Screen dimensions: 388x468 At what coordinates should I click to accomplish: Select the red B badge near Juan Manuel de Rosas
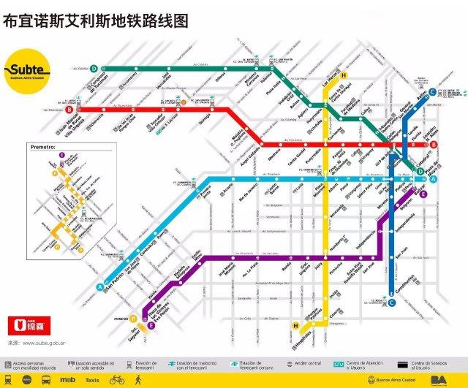[x=69, y=110]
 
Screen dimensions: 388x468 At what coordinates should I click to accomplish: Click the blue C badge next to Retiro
[x=433, y=92]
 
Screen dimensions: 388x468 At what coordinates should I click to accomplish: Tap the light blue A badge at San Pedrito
[x=99, y=287]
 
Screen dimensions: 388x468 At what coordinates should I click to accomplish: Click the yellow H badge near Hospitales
[x=295, y=324]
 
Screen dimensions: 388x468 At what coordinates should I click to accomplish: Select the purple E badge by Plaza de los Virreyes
[x=151, y=326]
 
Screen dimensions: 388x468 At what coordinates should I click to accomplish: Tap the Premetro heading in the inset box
[x=44, y=148]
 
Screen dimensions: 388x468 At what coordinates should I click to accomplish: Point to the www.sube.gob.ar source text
[x=44, y=342]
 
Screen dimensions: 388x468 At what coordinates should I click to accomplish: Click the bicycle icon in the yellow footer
[x=117, y=380]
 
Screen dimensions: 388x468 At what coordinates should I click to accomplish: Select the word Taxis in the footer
[x=92, y=380]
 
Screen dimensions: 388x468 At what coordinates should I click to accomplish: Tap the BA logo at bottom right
[x=439, y=380]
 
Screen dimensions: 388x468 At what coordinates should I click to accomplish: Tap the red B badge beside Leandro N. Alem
[x=434, y=145]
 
